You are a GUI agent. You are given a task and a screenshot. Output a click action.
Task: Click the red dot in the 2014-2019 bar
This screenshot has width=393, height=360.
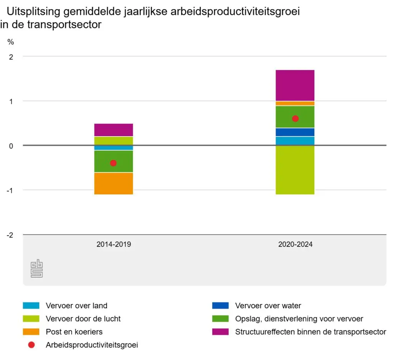click(113, 163)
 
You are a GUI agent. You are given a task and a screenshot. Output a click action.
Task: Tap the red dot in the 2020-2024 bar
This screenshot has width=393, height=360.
click(295, 118)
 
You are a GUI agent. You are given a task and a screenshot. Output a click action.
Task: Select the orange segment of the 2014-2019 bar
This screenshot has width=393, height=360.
click(114, 184)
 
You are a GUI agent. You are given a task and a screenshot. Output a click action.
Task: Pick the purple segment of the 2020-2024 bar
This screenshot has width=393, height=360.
click(295, 85)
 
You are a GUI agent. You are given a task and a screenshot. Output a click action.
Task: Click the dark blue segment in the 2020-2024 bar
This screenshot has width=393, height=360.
click(295, 132)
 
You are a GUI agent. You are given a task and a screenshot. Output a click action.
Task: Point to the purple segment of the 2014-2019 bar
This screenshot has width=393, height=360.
click(114, 130)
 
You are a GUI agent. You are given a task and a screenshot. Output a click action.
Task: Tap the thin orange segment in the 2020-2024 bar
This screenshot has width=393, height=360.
click(295, 103)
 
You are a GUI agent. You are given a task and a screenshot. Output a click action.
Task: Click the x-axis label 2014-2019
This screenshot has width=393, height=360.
click(114, 244)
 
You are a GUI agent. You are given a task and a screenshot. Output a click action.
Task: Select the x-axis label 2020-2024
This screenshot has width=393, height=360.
click(296, 244)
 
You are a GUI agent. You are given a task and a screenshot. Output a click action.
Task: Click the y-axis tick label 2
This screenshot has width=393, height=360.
click(11, 57)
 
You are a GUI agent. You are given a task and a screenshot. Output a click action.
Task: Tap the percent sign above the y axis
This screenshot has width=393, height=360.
click(10, 42)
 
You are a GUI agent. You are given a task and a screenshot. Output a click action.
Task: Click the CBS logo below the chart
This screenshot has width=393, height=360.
click(37, 269)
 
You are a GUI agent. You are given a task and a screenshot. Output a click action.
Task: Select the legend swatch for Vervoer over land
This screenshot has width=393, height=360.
click(31, 306)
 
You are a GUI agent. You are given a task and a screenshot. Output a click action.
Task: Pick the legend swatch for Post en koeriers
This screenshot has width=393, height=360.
click(31, 332)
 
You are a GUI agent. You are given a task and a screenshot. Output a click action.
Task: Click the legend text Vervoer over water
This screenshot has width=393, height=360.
click(268, 306)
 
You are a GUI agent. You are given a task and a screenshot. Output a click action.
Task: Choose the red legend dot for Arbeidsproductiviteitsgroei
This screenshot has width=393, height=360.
click(31, 345)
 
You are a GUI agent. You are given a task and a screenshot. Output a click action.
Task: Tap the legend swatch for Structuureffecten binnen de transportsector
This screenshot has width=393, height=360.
click(220, 332)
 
